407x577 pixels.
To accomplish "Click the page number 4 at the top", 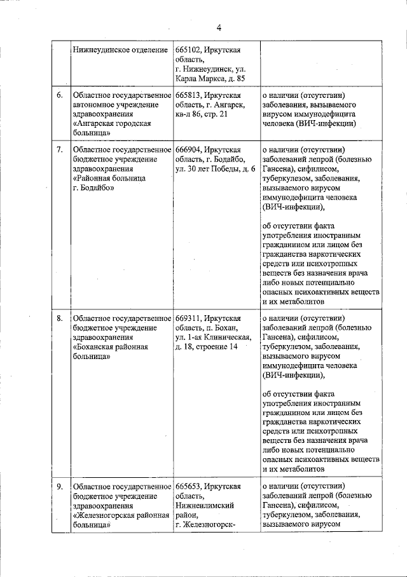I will pyautogui.click(x=219, y=27).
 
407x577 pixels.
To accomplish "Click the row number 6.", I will pyautogui.click(x=59, y=95).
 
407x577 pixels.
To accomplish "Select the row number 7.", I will pyautogui.click(x=59, y=150).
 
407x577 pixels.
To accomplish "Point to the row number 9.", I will pyautogui.click(x=59, y=487).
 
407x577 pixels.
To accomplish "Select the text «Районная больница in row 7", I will pyautogui.click(x=109, y=179).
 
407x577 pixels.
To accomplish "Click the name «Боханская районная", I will pyautogui.click(x=111, y=347).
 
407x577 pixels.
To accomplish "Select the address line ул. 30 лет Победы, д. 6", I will pyautogui.click(x=215, y=169).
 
